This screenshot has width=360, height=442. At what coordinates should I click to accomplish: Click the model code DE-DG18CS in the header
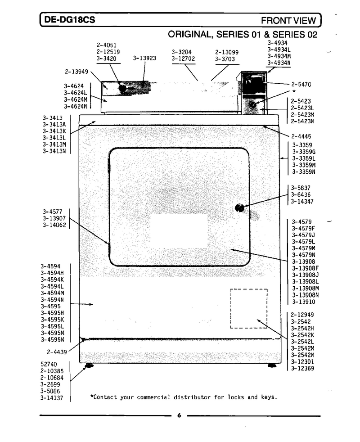70,20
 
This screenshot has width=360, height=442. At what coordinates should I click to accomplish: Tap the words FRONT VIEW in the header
288,20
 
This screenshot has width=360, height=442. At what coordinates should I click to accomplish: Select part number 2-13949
76,72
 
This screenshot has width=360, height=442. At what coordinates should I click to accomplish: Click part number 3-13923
144,59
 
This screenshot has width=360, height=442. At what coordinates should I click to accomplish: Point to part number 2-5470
301,84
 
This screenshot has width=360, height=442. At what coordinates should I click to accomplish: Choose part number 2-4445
301,136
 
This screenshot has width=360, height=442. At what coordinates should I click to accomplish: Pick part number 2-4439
57,352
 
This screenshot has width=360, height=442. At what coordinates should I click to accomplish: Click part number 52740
49,364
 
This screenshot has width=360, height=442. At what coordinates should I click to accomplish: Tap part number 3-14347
302,201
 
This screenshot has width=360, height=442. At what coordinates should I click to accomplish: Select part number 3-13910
303,302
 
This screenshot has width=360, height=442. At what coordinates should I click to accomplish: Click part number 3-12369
302,368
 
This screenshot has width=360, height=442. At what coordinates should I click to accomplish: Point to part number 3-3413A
54,124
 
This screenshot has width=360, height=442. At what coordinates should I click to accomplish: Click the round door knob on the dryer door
239,208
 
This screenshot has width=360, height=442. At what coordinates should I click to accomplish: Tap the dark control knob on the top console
122,88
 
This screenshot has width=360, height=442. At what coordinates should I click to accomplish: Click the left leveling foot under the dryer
89,365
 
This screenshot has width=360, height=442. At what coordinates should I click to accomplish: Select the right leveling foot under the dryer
272,365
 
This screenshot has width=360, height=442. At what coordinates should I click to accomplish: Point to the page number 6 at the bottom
179,415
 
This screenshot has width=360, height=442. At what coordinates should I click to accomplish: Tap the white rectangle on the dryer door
179,230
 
